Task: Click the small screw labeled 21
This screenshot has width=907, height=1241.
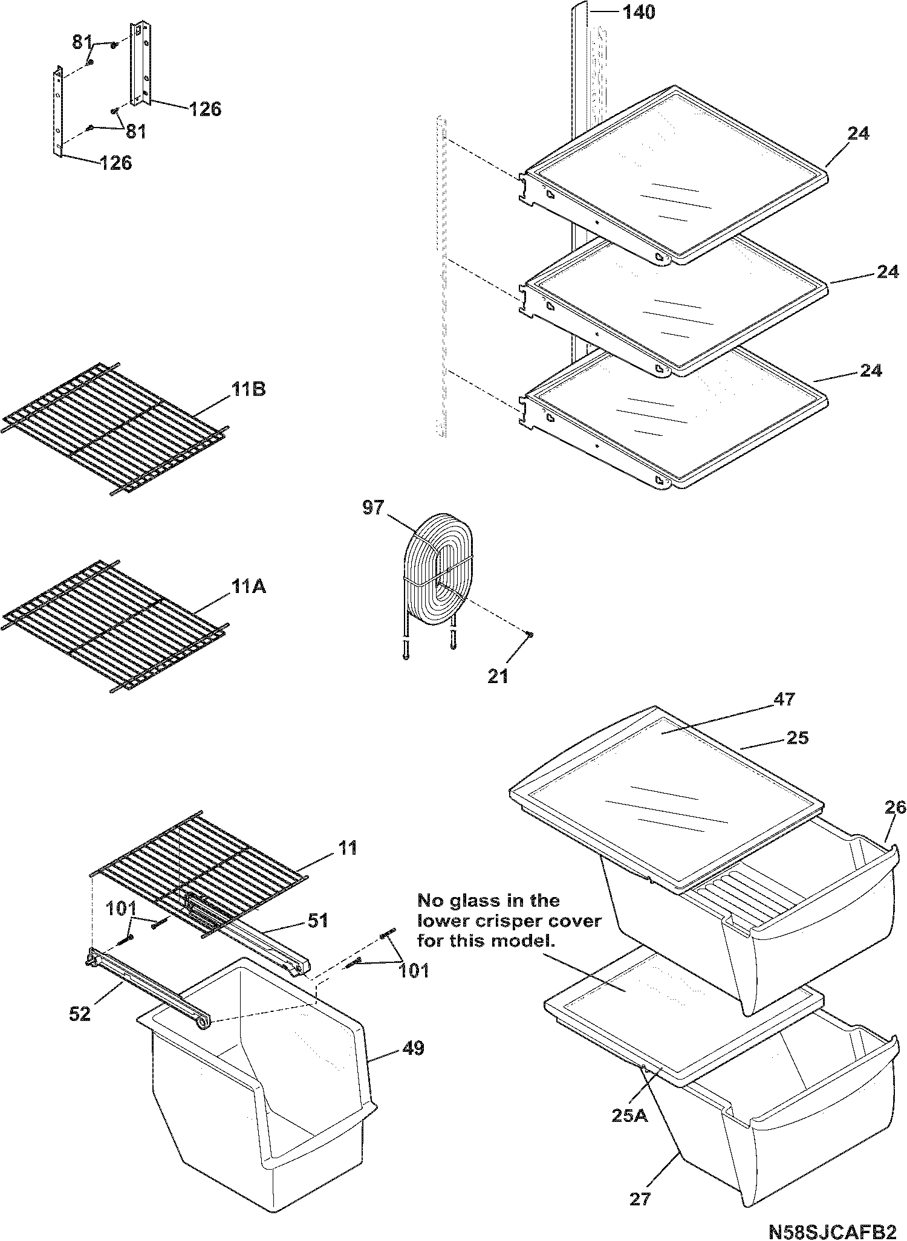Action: (530, 633)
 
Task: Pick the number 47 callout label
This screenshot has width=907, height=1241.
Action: (785, 699)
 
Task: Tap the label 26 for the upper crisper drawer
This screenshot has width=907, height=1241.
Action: (896, 808)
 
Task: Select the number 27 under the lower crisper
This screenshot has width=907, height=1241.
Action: (640, 1199)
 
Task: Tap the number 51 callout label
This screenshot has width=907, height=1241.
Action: (318, 921)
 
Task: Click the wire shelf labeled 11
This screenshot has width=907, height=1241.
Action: (200, 870)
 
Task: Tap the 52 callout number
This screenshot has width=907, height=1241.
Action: (80, 1014)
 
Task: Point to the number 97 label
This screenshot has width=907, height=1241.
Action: (373, 508)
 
